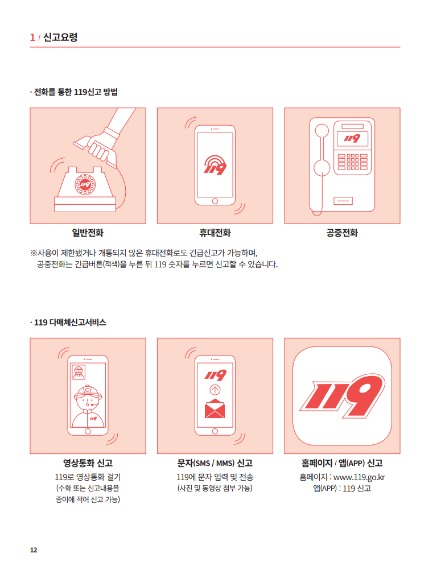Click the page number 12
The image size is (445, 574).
coord(34,550)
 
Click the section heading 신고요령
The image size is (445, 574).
coord(60,38)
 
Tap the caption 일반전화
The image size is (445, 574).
coord(88,233)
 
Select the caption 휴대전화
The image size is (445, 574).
coord(215,233)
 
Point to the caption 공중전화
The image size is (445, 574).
coord(342,233)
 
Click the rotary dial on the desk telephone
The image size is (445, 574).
coord(85,184)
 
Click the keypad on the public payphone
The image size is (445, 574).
coord(352,162)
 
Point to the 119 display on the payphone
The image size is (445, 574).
coord(352,138)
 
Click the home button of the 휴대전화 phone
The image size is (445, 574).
coord(215,201)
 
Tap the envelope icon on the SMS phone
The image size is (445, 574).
coord(215,408)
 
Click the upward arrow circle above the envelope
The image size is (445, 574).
coord(215,390)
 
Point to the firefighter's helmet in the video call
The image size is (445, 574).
coord(88,392)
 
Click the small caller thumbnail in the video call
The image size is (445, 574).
coord(79,372)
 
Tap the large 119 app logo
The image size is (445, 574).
coord(343,396)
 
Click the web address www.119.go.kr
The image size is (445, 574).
coord(359,477)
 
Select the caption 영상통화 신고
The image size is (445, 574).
coord(88,463)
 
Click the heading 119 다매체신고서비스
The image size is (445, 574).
coord(70,323)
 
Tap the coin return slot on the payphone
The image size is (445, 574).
coord(343,201)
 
